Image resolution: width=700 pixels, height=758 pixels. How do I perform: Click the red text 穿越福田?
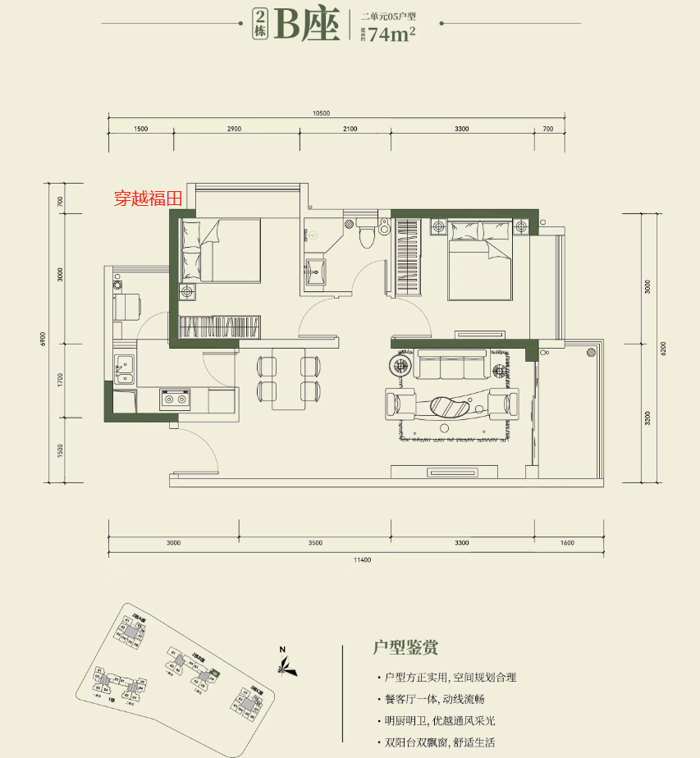click(x=148, y=199)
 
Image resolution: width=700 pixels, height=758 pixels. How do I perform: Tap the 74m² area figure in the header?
click(x=391, y=34)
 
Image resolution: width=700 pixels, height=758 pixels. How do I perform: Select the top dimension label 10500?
click(x=320, y=113)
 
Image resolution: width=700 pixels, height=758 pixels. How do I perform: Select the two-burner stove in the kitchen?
click(x=175, y=400)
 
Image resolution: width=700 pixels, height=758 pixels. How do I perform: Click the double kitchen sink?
click(x=125, y=368)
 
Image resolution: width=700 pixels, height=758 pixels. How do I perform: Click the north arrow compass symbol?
click(x=284, y=662)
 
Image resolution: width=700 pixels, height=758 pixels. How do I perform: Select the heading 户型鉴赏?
click(x=405, y=647)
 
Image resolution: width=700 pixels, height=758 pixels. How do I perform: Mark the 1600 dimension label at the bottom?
click(x=568, y=543)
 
